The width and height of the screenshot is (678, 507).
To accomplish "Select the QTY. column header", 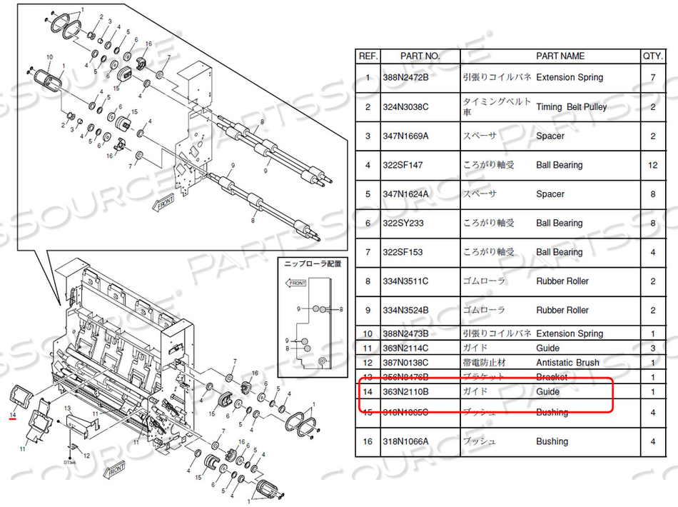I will click(x=652, y=56).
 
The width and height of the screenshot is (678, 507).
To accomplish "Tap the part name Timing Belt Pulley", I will click(x=571, y=106).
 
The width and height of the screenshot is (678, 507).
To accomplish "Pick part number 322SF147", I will click(x=403, y=165).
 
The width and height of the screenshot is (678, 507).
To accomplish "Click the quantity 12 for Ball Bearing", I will click(x=652, y=165).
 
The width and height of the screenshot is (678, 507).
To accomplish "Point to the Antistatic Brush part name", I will click(x=568, y=363).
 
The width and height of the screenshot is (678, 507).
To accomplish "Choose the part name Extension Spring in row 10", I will click(x=570, y=333).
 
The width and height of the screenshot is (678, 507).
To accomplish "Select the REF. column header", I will click(x=368, y=56).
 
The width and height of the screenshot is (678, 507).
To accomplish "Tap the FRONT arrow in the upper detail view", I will click(x=163, y=202).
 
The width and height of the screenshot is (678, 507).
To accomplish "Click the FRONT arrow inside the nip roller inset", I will click(x=296, y=283).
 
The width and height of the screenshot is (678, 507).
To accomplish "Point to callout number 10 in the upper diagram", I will click(x=50, y=56).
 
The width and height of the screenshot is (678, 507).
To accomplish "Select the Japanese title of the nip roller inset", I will click(x=312, y=263).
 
